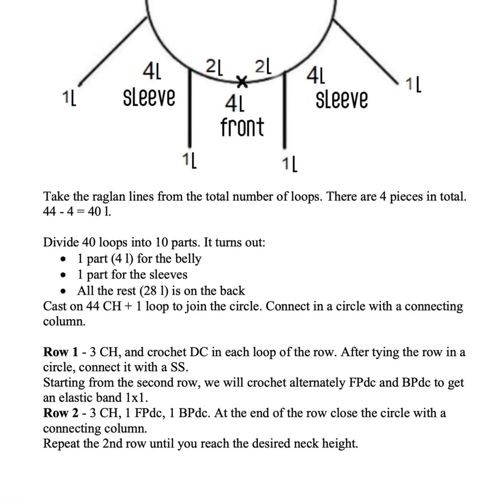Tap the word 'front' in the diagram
242,127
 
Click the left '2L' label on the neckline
214,68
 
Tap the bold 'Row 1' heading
61,352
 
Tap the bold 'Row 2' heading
61,413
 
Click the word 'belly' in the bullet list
188,259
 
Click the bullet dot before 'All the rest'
63,291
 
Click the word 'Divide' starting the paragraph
61,242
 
